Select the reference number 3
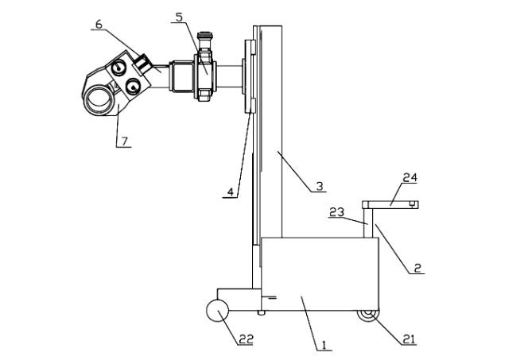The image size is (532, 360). (x=319, y=186)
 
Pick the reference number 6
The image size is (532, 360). (x=99, y=25)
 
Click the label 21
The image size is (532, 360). (x=410, y=339)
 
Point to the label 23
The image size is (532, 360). (x=336, y=212)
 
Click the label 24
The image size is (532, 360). (x=409, y=178)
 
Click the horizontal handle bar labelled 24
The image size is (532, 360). (x=390, y=205)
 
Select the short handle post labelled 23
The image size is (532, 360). (x=367, y=222)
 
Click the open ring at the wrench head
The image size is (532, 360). (x=99, y=99)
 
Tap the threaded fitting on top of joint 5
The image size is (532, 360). (x=206, y=39)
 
